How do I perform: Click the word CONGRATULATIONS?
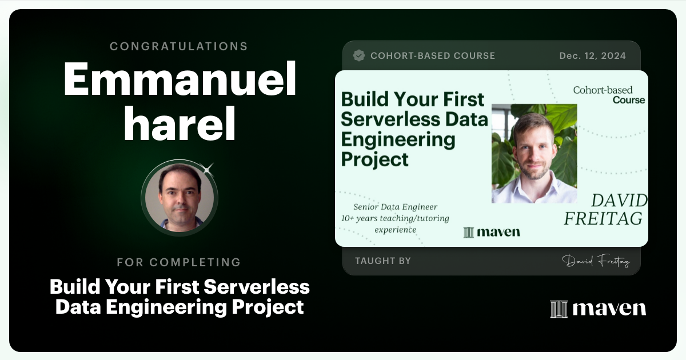[x=179, y=46]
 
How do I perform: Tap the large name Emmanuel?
[x=180, y=79]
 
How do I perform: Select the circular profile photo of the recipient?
[x=180, y=197]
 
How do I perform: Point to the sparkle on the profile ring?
[x=208, y=169]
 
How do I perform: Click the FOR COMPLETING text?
[x=179, y=262]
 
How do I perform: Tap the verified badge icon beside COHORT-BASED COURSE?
[x=359, y=55]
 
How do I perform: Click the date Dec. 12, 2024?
[x=592, y=55]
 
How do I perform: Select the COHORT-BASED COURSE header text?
[x=433, y=55]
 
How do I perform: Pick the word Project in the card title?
[x=375, y=159]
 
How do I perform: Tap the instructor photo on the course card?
[x=534, y=153]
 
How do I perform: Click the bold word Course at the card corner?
[x=629, y=100]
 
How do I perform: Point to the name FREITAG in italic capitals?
[x=603, y=218]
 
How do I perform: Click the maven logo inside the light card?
[x=492, y=231]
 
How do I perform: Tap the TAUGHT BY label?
[x=383, y=261]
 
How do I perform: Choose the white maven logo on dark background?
[x=598, y=309]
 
